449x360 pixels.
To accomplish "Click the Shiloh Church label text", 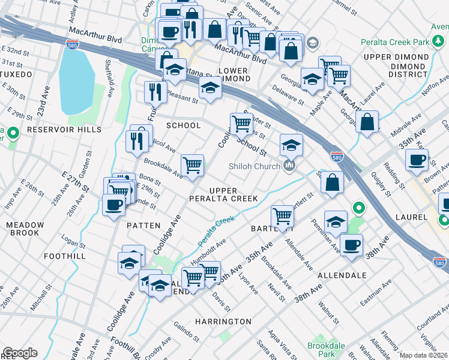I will (x=255, y=166).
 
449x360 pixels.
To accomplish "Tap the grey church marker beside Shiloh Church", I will (x=290, y=166).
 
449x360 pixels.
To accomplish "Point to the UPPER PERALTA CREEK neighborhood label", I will (x=223, y=194).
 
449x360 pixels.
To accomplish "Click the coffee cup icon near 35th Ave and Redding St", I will (x=416, y=160).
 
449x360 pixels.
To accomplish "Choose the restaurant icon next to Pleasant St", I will (x=155, y=92).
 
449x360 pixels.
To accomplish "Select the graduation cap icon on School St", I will (x=291, y=145).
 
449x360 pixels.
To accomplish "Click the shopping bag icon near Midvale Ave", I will (x=367, y=122).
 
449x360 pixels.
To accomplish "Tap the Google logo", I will (x=19, y=353).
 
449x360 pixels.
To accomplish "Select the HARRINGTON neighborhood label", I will (x=223, y=322).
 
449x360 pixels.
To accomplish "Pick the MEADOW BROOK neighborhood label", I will (x=25, y=229).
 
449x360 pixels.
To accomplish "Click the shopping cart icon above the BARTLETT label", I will (x=282, y=216).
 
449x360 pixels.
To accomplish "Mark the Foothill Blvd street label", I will (x=133, y=348).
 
